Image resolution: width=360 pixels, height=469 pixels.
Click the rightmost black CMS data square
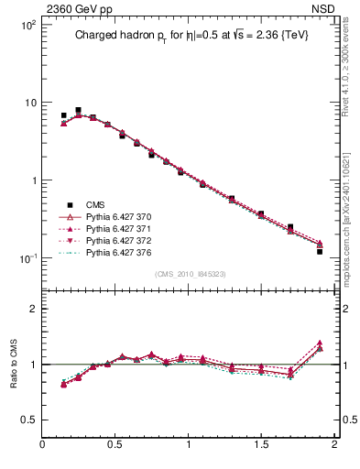(320, 251)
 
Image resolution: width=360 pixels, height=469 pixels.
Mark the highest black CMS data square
(78, 111)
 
